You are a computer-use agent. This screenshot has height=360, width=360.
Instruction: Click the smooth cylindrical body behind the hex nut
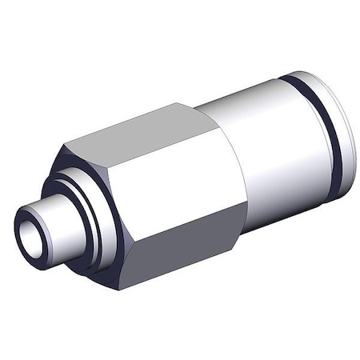tap(264, 136)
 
